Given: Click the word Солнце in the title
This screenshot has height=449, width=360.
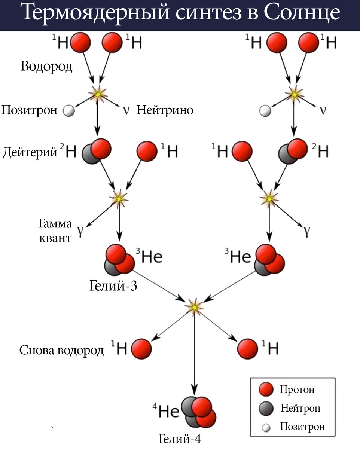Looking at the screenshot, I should coord(302,14).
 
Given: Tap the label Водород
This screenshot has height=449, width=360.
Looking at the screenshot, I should coord(47,66).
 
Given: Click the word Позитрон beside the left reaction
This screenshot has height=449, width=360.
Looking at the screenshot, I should coord(30,110).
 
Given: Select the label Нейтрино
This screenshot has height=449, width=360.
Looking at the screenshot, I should coord(165,110).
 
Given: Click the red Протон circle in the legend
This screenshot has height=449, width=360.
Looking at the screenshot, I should coord(266,390).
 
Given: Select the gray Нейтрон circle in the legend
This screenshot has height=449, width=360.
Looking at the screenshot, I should coord(266,409).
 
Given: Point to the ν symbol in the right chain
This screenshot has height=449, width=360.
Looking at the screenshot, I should coord(323,111).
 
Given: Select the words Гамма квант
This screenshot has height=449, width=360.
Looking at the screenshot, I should coord(55,230).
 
